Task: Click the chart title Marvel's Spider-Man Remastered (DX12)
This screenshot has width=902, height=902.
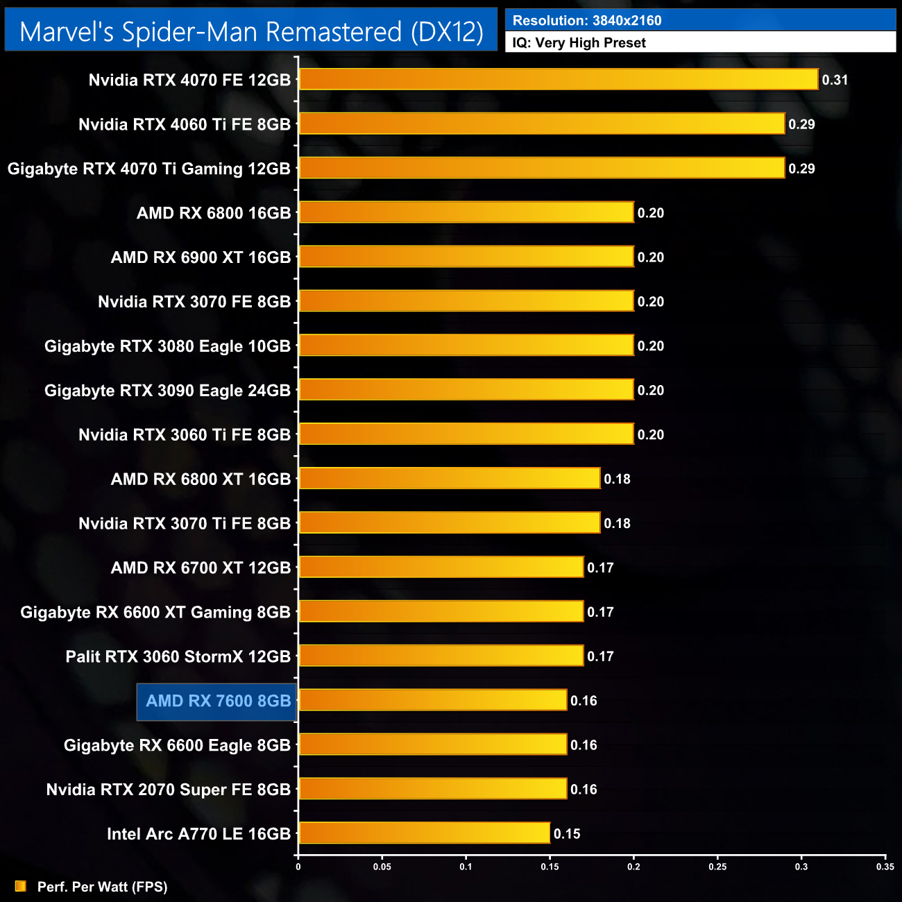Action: pos(251,32)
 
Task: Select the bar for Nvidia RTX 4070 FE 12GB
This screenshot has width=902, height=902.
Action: pos(559,79)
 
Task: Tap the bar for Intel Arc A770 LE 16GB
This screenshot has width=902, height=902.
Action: pos(425,833)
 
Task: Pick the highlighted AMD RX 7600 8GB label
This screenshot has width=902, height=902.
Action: pos(218,701)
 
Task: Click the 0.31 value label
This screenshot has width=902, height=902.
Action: pos(835,80)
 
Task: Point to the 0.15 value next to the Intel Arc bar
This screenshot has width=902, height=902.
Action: pos(567,833)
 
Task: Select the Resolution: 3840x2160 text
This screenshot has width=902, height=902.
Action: pos(587,20)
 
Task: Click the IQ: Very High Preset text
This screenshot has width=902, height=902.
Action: pos(579,42)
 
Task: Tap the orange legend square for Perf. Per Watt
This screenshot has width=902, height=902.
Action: pos(20,886)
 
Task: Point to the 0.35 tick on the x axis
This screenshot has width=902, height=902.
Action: pos(885,866)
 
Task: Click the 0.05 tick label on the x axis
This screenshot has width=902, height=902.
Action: pos(382,866)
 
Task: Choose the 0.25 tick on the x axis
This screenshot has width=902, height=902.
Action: pos(717,866)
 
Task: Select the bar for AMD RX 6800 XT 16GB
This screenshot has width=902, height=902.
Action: pos(450,478)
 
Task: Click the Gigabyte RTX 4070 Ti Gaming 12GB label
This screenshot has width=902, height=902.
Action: pos(148,169)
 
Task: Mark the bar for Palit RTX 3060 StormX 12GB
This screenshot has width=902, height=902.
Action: pos(441,656)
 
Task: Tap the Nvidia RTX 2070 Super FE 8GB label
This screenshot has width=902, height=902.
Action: pos(168,790)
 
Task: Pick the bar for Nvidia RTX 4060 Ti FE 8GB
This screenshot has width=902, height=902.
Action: pos(542,124)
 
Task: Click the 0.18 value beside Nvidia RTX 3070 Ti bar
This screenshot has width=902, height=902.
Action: pos(617,523)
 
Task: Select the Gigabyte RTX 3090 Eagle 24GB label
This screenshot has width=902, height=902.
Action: pos(167,391)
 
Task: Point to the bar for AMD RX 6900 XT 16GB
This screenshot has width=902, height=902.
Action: pos(466,257)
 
